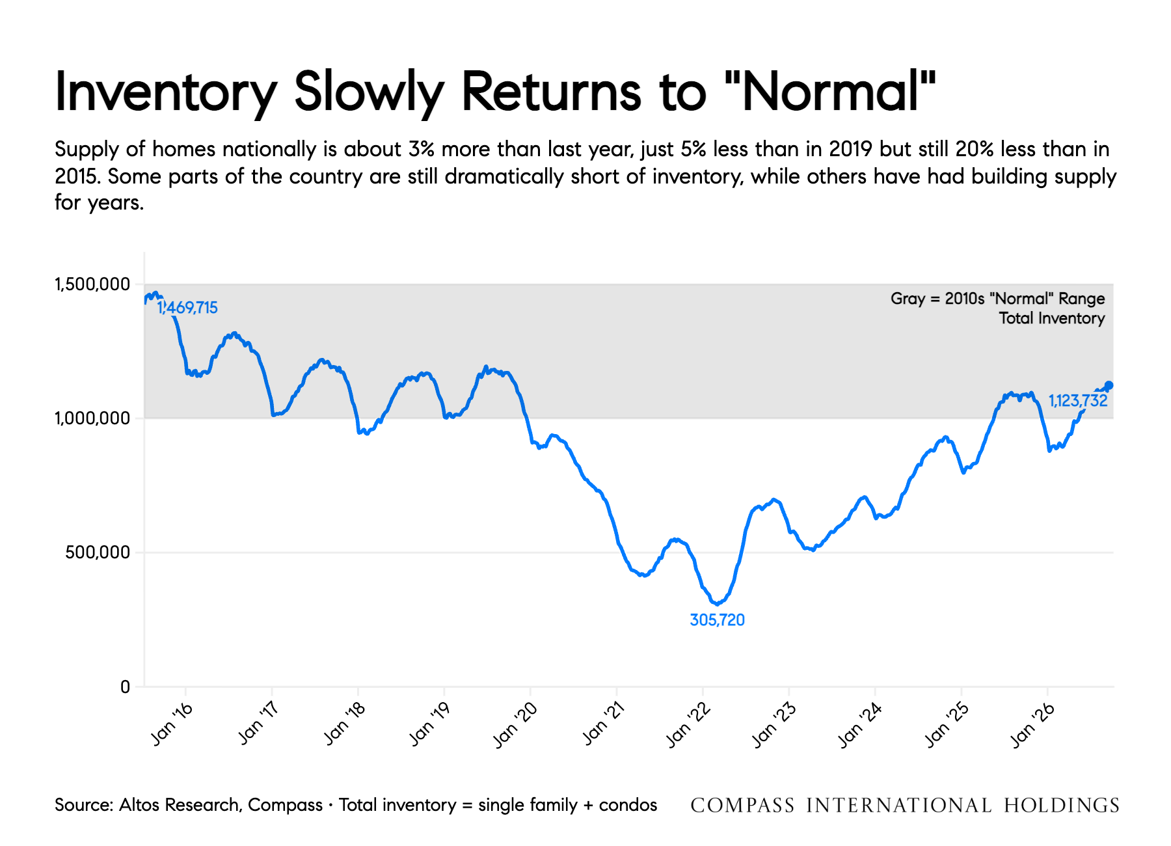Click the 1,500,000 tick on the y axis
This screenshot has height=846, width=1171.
(92, 284)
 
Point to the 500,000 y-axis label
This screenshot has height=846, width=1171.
(98, 553)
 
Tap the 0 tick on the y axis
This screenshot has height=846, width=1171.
(125, 687)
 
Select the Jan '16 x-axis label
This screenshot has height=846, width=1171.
(172, 724)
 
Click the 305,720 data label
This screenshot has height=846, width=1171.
(717, 620)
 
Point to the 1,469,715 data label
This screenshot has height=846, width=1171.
(187, 308)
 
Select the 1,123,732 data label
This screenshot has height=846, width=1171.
(1078, 401)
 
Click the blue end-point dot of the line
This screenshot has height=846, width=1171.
(1109, 385)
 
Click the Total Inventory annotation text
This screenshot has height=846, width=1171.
(1052, 318)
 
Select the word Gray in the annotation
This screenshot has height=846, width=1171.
(908, 299)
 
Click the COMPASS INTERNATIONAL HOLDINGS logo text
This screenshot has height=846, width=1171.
(905, 806)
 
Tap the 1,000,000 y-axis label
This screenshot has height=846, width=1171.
(92, 418)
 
